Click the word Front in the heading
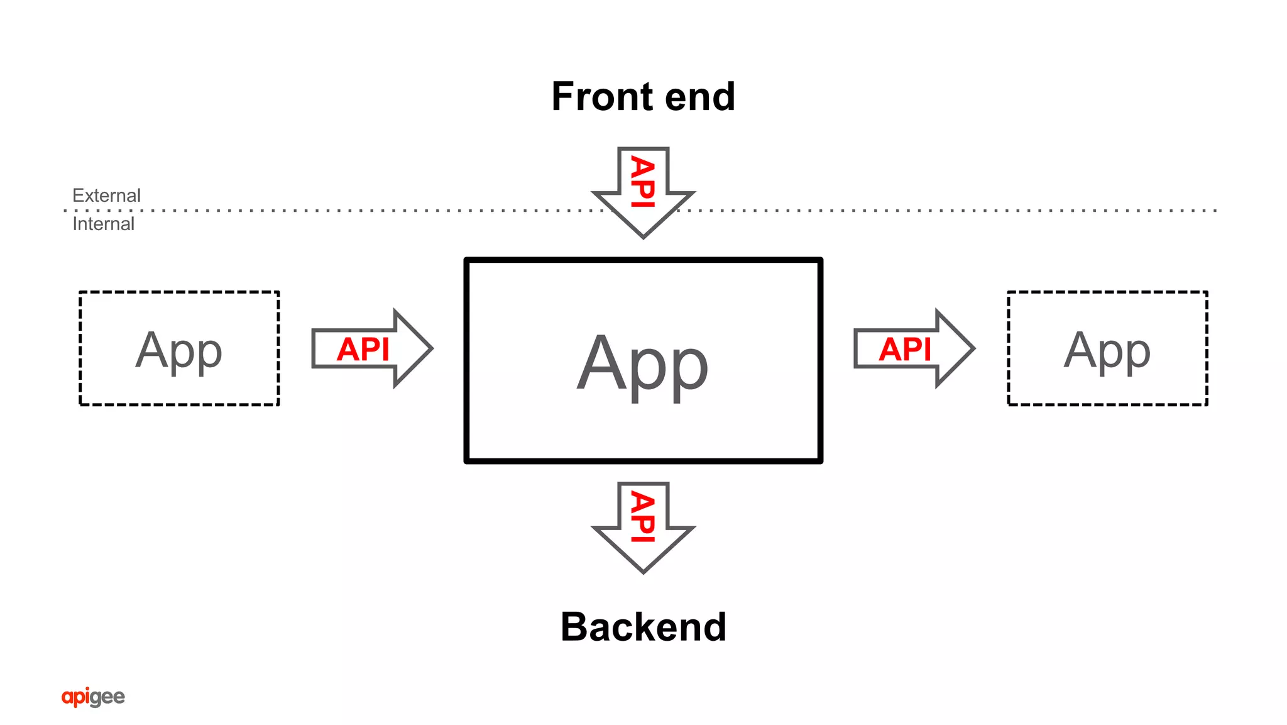(x=602, y=97)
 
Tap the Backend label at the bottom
(x=643, y=627)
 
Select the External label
(x=106, y=196)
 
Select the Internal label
(x=103, y=224)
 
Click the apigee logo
(x=93, y=697)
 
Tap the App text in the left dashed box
(x=178, y=351)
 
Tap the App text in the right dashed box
(x=1107, y=351)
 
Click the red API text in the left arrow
(x=363, y=349)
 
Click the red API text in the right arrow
(x=904, y=349)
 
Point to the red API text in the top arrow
(x=643, y=181)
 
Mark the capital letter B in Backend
(x=574, y=627)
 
